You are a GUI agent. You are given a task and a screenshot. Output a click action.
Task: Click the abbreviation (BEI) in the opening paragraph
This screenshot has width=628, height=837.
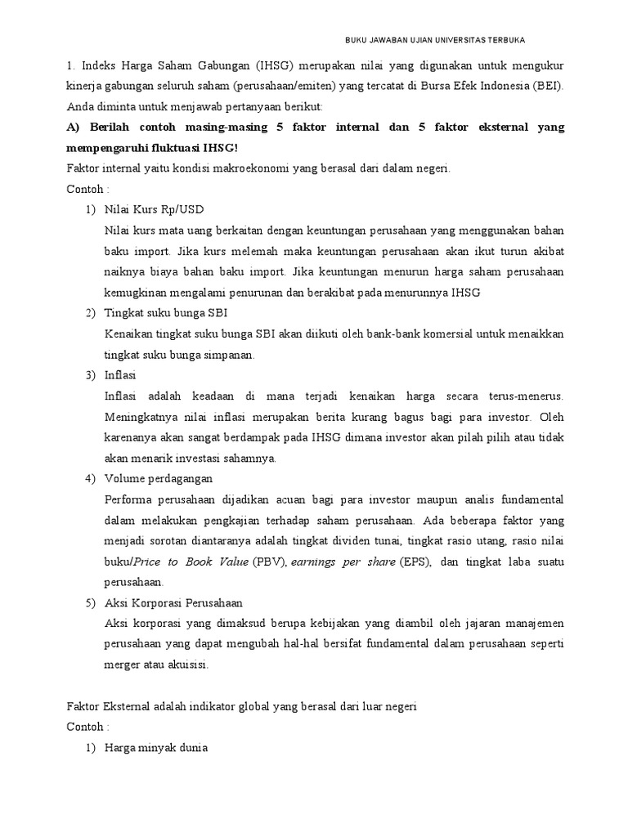546,86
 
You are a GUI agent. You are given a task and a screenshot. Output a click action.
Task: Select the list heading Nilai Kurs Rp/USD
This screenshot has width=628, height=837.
153,210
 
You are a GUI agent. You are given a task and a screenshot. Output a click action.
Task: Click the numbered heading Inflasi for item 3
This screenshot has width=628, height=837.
121,375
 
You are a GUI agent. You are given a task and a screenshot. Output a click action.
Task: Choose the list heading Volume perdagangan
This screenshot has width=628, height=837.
158,478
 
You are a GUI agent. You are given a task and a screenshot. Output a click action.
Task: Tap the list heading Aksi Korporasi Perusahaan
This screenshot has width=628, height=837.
173,603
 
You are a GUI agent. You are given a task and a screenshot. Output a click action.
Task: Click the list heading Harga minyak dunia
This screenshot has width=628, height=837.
156,747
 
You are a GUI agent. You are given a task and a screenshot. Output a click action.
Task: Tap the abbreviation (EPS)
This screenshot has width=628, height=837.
415,562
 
